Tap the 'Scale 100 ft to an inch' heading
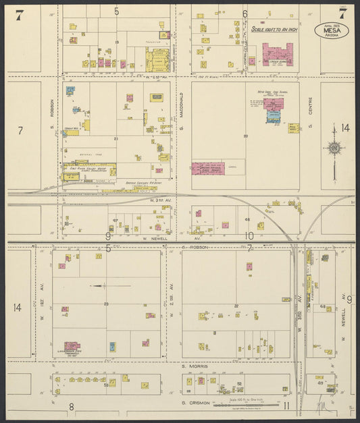(x=274, y=30)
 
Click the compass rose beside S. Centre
(x=333, y=148)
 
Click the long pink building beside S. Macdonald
(x=207, y=169)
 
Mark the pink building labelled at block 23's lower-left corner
(x=71, y=346)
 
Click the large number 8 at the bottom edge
(x=71, y=406)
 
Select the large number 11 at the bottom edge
(x=286, y=405)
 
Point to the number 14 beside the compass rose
(x=344, y=128)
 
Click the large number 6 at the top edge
(x=245, y=13)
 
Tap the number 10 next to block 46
(x=249, y=235)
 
